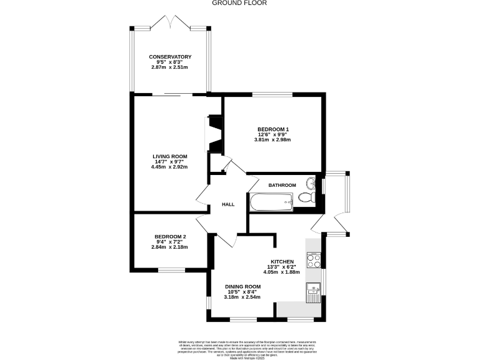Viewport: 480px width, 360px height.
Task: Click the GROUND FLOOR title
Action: pos(239,3)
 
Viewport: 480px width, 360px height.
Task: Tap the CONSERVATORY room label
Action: pos(170,57)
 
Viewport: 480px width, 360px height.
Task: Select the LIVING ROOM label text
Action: pos(170,156)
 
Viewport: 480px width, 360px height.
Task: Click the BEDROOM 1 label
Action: pos(274,129)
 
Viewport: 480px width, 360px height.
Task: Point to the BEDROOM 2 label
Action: pos(170,236)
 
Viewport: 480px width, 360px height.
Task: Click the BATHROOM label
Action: pos(282,185)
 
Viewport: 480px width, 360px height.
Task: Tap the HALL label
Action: pos(228,204)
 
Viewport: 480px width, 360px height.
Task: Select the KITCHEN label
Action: pos(281,261)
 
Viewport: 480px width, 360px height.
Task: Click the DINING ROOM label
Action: pos(243,286)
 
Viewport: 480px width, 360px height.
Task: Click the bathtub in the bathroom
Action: pos(271,202)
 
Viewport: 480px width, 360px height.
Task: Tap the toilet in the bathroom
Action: pos(306,197)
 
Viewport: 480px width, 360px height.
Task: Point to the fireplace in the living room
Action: pos(214,132)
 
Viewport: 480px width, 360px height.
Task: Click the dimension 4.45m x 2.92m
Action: pos(170,167)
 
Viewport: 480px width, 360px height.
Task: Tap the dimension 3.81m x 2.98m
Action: pos(274,140)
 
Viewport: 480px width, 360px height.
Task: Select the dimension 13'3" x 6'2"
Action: pos(281,267)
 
